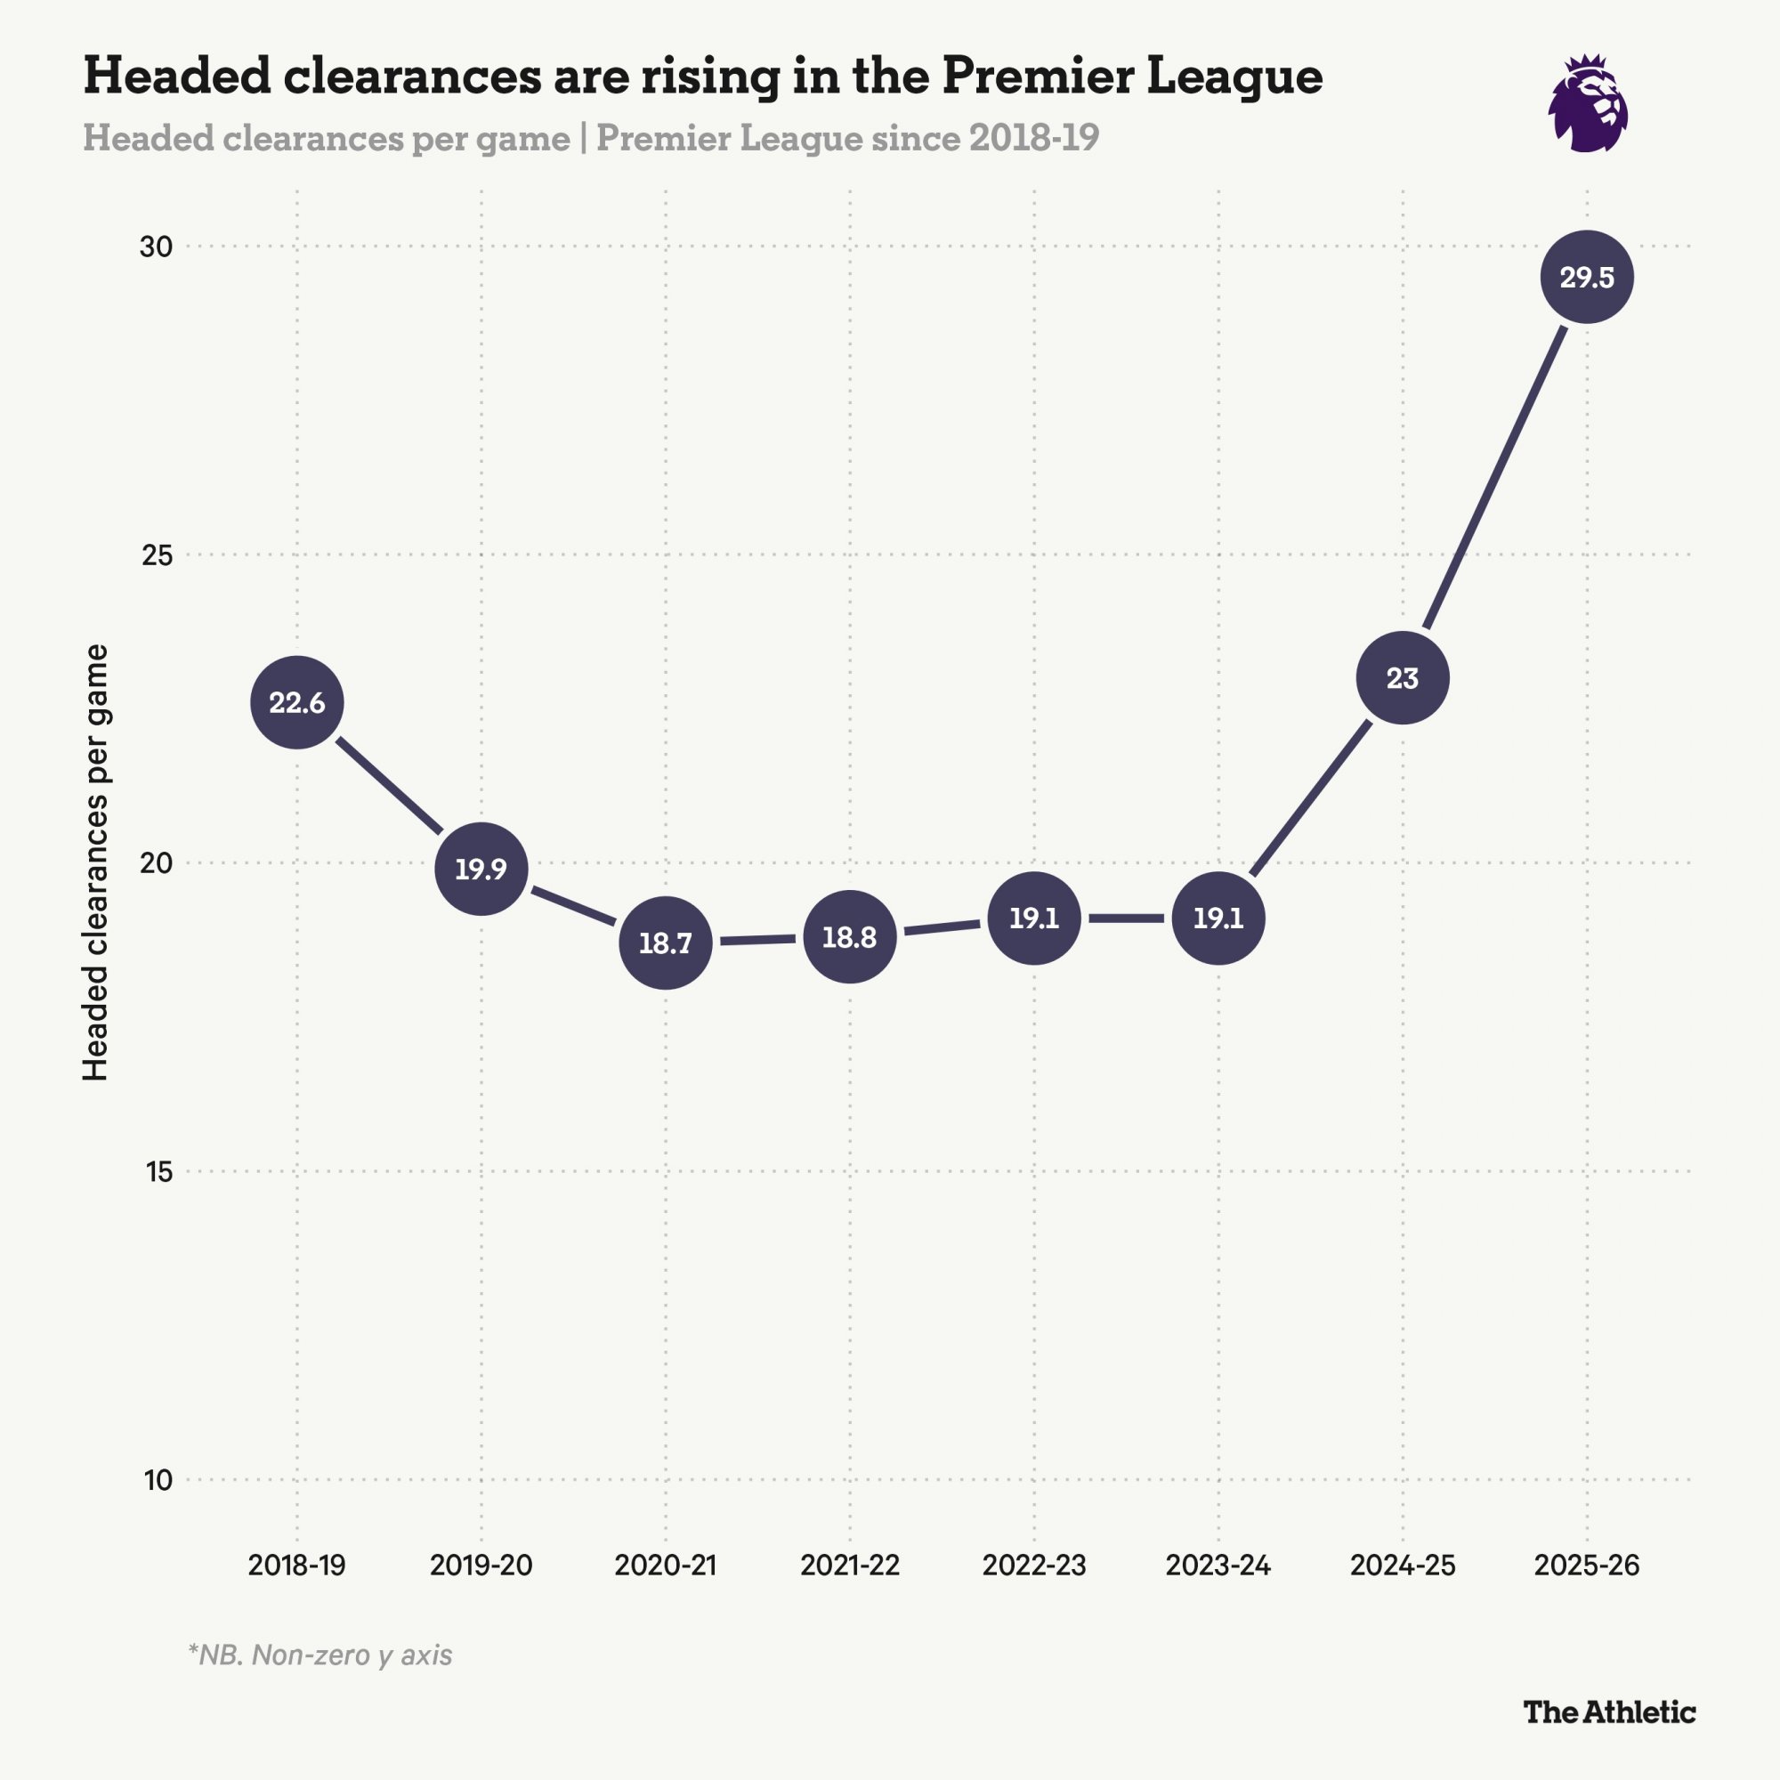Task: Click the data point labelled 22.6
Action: [x=296, y=703]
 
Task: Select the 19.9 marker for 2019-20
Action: [x=481, y=869]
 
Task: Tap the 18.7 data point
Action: [x=665, y=943]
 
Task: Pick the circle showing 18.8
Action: [x=849, y=937]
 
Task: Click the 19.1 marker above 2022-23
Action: [x=1033, y=918]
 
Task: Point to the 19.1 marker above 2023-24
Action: [x=1218, y=918]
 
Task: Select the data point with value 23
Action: [x=1403, y=678]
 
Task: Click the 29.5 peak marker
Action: [x=1587, y=278]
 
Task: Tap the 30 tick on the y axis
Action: [x=157, y=247]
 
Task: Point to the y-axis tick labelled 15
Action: [x=158, y=1172]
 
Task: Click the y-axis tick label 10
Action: [x=158, y=1480]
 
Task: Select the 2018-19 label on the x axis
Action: [x=296, y=1566]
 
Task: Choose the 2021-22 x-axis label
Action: [x=849, y=1566]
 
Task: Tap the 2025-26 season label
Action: [x=1587, y=1566]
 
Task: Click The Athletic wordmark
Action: [x=1608, y=1711]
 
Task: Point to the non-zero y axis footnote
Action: [x=320, y=1655]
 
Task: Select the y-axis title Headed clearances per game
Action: [x=96, y=862]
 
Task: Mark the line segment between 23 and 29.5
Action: [x=1494, y=478]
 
